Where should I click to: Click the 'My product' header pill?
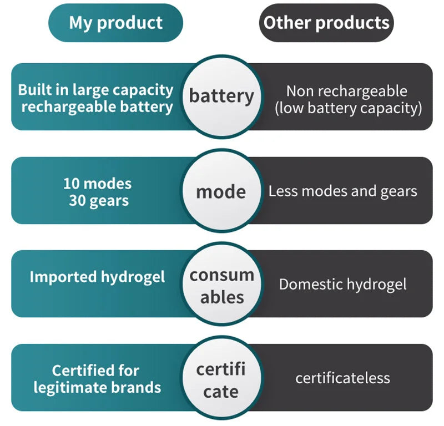(x=115, y=23)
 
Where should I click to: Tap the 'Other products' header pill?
(x=326, y=23)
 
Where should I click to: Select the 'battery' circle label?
(x=221, y=96)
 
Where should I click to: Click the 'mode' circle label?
(x=221, y=192)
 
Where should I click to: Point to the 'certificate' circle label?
(x=221, y=381)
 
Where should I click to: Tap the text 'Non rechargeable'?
(x=346, y=91)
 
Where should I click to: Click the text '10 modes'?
(x=97, y=183)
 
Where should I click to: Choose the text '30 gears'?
(x=98, y=200)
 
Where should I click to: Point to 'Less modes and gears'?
(x=342, y=192)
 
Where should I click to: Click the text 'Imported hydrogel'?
(x=97, y=277)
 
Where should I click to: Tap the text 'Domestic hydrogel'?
(x=342, y=285)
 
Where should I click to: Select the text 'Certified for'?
(x=95, y=370)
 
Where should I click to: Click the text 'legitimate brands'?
(x=97, y=387)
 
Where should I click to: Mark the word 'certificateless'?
(x=342, y=378)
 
